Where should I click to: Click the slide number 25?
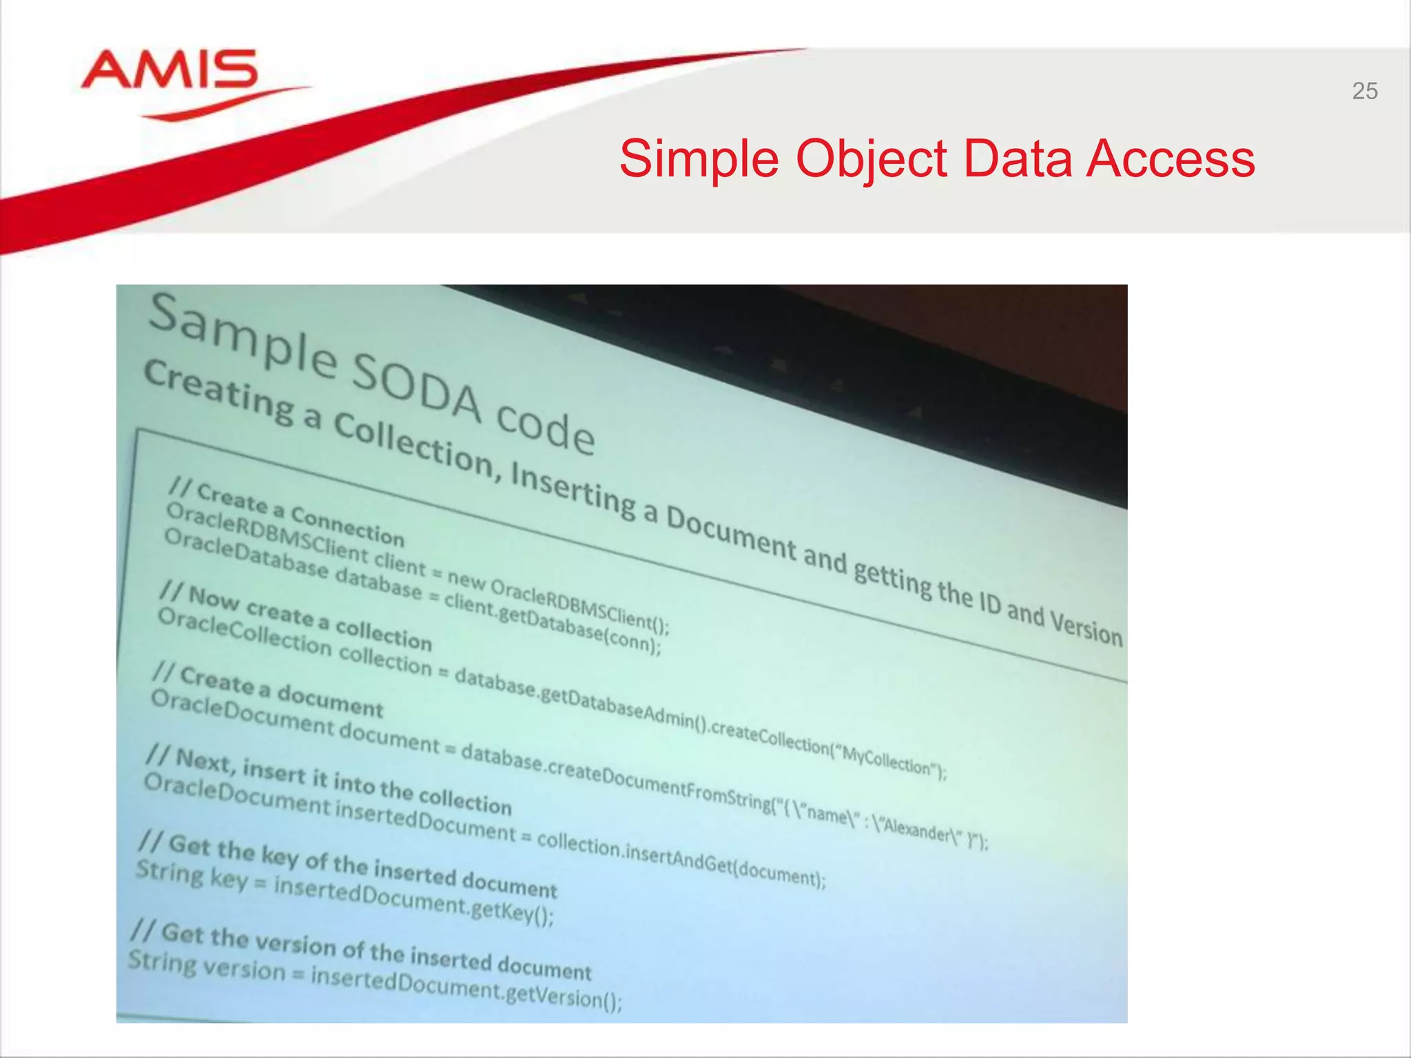coord(1364,91)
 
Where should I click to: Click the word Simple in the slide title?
coord(699,159)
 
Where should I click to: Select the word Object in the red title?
coord(872,159)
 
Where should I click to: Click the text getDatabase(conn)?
coord(579,627)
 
